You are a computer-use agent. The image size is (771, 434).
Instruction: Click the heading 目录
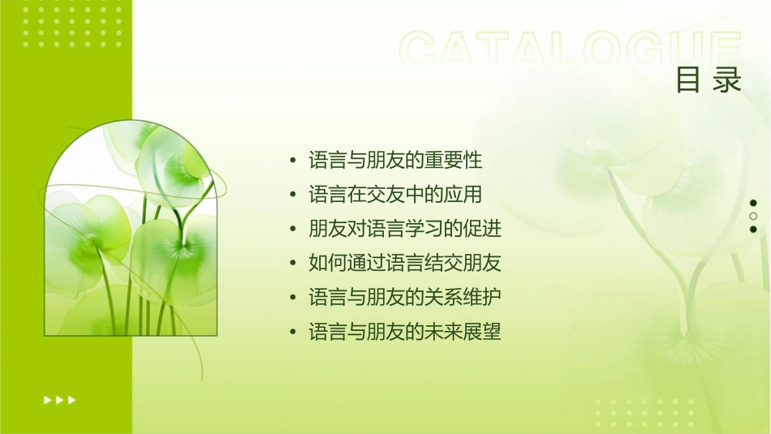tap(709, 81)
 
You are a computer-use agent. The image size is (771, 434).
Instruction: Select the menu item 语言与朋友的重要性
tap(395, 161)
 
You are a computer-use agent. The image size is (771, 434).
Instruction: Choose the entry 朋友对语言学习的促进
tap(405, 230)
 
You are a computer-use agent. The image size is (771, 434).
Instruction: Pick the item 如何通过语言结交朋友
tap(405, 264)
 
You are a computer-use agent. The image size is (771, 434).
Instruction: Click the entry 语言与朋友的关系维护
tap(405, 298)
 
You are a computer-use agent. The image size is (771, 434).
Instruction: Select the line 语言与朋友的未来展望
tap(405, 332)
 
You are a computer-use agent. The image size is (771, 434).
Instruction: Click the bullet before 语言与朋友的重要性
tap(293, 161)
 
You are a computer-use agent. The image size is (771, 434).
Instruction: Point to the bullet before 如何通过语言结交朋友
tap(293, 264)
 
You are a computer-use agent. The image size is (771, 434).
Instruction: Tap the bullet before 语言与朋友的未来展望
tap(293, 332)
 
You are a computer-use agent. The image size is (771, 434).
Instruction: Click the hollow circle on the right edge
tap(753, 217)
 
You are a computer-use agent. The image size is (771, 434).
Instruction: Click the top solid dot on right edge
tap(753, 203)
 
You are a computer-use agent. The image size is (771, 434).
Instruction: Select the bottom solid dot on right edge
tap(753, 230)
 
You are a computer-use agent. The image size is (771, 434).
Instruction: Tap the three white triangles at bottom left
tap(59, 400)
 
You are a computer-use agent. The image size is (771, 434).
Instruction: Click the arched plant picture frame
tap(130, 231)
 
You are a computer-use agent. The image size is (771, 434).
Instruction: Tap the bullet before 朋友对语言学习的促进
tap(293, 230)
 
